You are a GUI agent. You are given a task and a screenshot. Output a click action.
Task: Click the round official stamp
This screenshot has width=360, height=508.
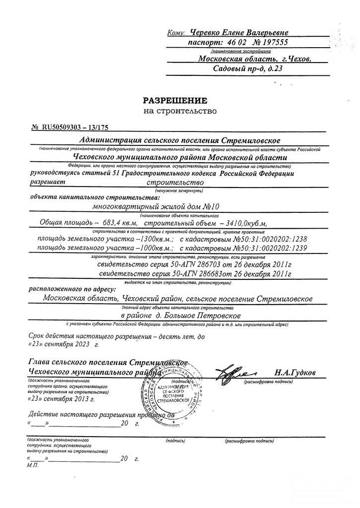click(173, 390)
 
